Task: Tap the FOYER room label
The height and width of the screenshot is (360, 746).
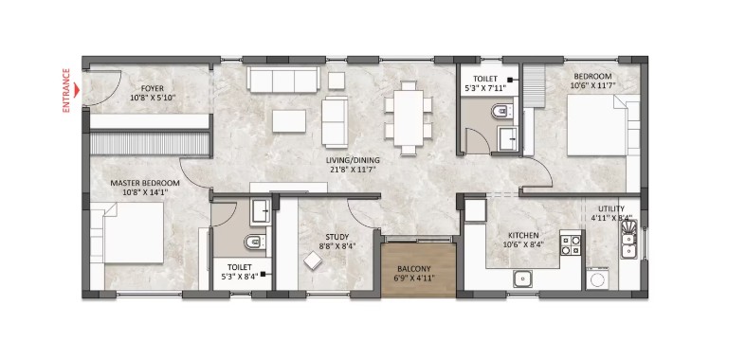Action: (x=153, y=88)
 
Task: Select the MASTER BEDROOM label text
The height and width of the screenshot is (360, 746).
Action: (x=145, y=183)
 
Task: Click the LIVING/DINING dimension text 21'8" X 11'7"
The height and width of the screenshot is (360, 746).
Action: (x=353, y=168)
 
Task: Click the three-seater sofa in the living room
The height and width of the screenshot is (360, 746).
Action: (x=283, y=80)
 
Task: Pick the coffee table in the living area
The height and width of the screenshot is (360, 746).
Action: (x=289, y=121)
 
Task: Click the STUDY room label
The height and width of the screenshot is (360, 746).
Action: (x=337, y=236)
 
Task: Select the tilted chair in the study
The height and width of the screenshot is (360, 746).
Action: (x=314, y=261)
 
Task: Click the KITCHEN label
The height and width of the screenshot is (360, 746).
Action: (x=523, y=235)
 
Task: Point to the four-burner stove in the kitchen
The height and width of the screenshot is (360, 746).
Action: (x=571, y=243)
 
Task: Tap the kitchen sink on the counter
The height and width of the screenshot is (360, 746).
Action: (x=523, y=279)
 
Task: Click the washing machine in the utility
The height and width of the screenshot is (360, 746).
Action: (x=596, y=279)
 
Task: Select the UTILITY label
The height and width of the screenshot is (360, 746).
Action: (x=611, y=208)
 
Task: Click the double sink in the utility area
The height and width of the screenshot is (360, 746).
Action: (x=629, y=240)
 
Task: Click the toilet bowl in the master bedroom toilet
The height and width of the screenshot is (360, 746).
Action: (x=255, y=243)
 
